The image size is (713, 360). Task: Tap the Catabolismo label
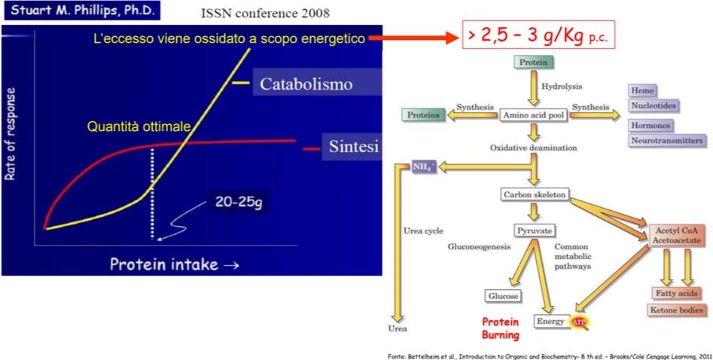[x=306, y=84]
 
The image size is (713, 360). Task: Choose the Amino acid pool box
[x=533, y=115]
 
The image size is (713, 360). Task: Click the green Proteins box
[x=423, y=115]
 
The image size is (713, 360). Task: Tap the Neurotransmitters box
[x=666, y=140]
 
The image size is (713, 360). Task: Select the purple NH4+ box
[x=423, y=166]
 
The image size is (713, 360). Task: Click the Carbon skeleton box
[x=533, y=195]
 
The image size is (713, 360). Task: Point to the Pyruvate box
[x=533, y=230]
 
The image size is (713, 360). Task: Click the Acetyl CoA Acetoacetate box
[x=676, y=235]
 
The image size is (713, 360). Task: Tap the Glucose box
[x=503, y=296]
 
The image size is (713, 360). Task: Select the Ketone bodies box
[x=676, y=310]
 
